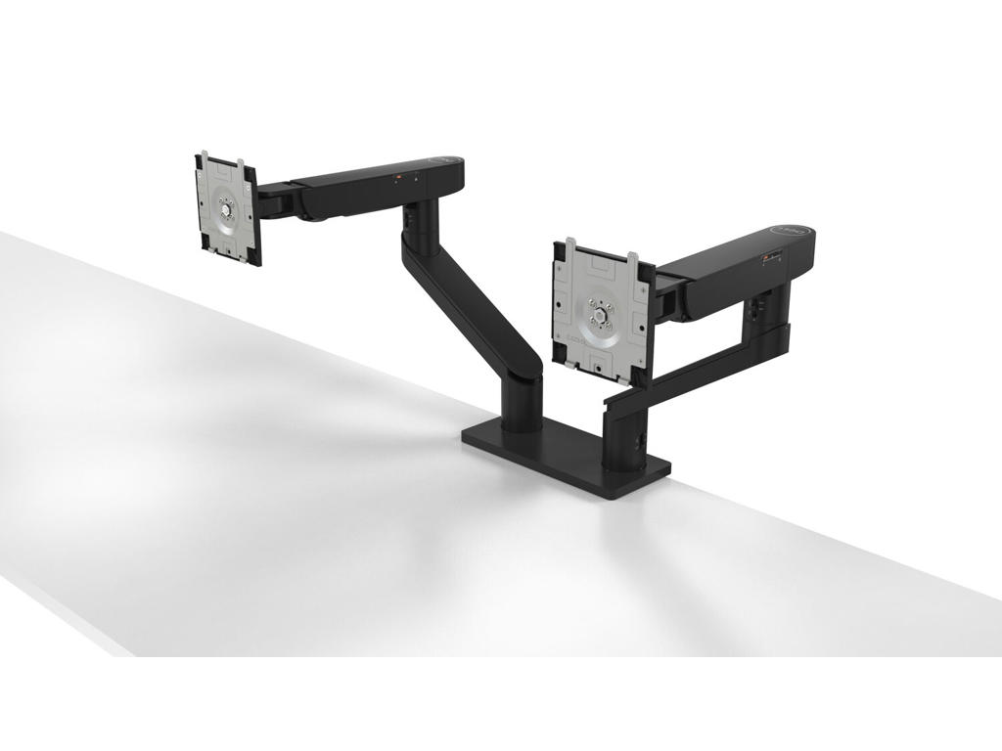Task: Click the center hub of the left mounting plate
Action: pos(226,207)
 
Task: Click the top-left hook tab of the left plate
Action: pos(205,155)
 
